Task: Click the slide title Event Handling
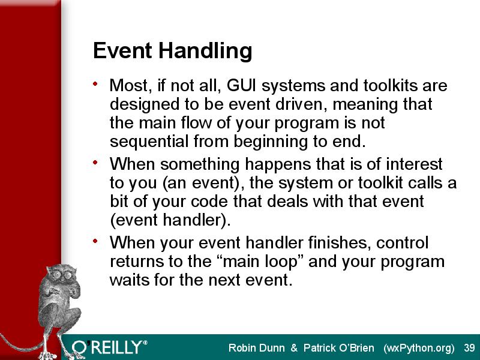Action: coord(172,51)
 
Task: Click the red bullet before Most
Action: coord(95,83)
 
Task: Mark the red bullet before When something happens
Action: coord(95,162)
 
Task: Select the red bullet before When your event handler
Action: coord(95,241)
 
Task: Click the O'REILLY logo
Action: coord(110,347)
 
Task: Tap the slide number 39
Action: coord(469,348)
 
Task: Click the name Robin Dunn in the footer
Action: coord(257,348)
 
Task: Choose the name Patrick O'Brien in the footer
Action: coord(338,348)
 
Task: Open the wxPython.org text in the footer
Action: coord(419,349)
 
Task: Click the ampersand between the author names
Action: coord(294,348)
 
